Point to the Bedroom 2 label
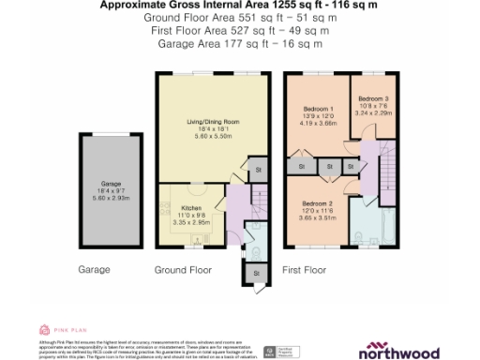pos(316,203)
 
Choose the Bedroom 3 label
pos(372,98)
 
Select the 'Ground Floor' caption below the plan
pos(183,269)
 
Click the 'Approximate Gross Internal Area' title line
pos(239,6)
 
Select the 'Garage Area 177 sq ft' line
pos(239,42)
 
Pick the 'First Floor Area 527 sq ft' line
pos(239,30)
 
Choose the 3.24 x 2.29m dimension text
pos(372,112)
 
